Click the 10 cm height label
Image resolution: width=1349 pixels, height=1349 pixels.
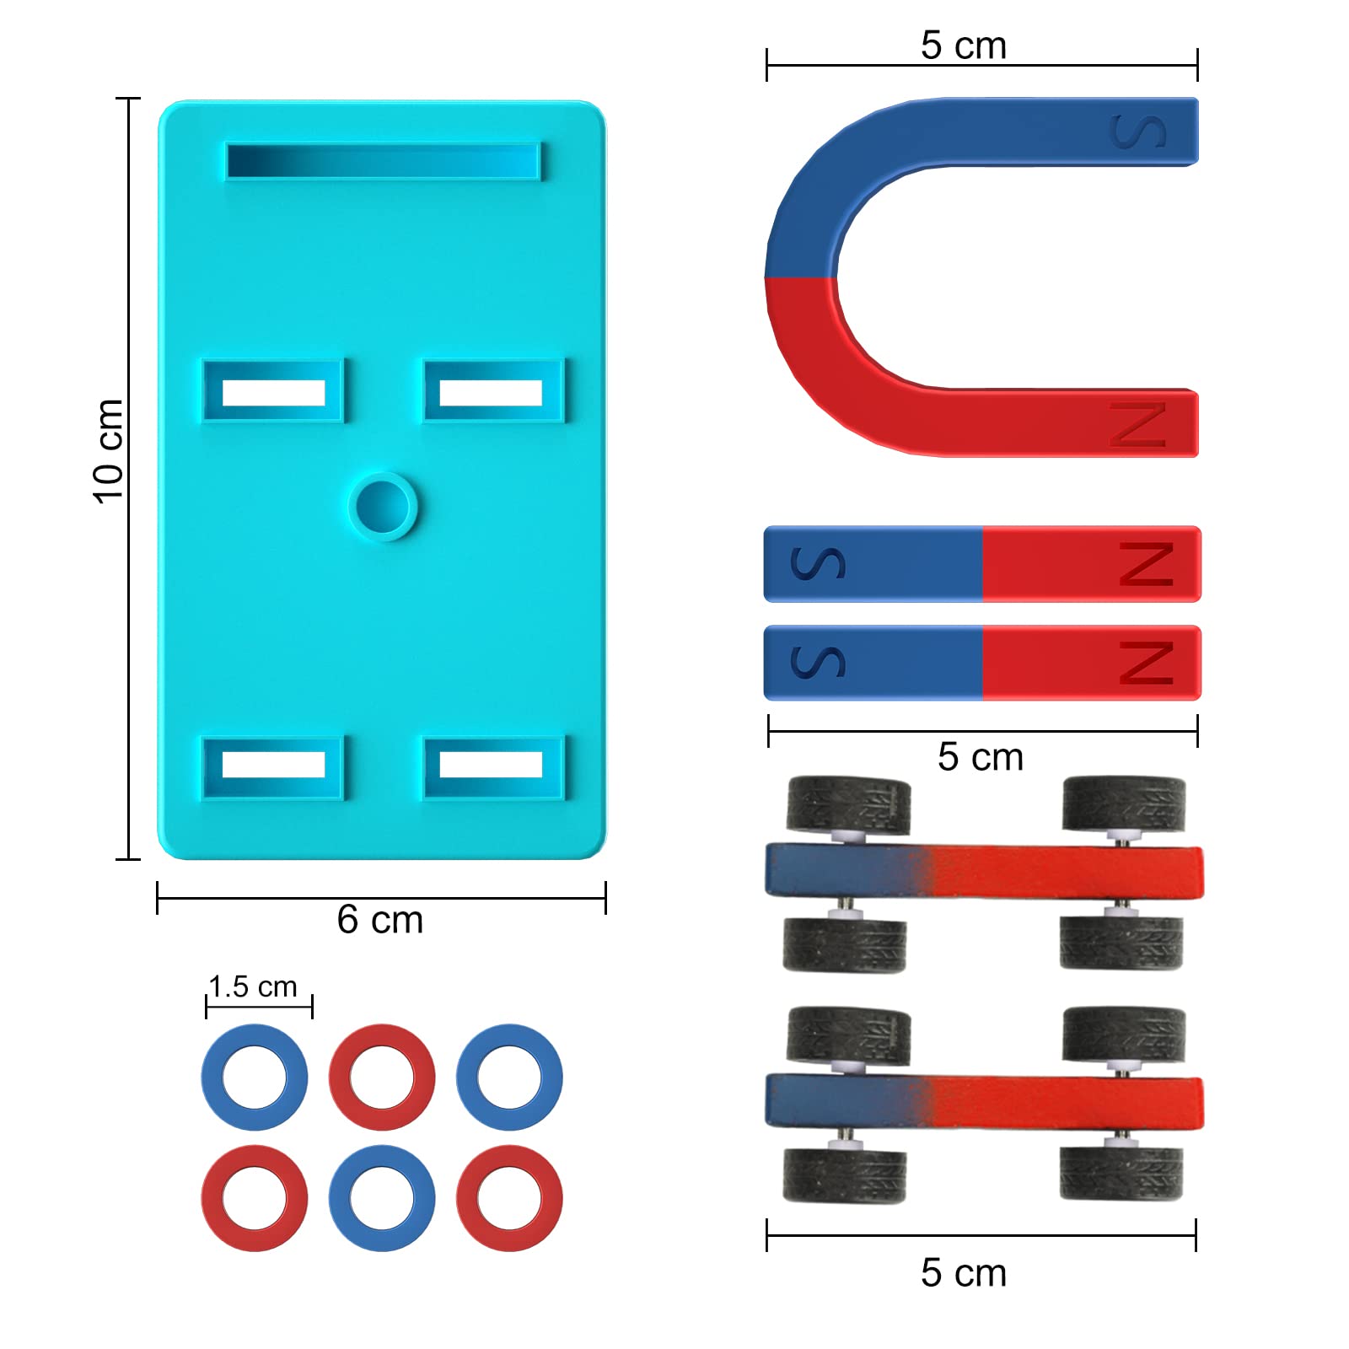tap(108, 452)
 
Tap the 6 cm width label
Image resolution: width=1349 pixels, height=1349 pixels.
tap(380, 920)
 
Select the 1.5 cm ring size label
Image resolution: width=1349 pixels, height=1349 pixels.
tap(253, 986)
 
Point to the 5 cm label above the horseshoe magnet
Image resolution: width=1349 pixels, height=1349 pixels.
tap(964, 46)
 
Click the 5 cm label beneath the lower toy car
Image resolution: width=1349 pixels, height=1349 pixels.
tap(964, 1273)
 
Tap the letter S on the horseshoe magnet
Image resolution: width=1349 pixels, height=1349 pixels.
tap(1139, 132)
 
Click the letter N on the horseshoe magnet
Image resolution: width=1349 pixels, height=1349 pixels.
tap(1138, 424)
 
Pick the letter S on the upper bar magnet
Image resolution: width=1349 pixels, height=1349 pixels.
tap(818, 563)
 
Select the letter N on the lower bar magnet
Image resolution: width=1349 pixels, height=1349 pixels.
tap(1147, 663)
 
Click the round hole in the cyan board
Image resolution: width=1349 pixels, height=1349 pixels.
tap(383, 506)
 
